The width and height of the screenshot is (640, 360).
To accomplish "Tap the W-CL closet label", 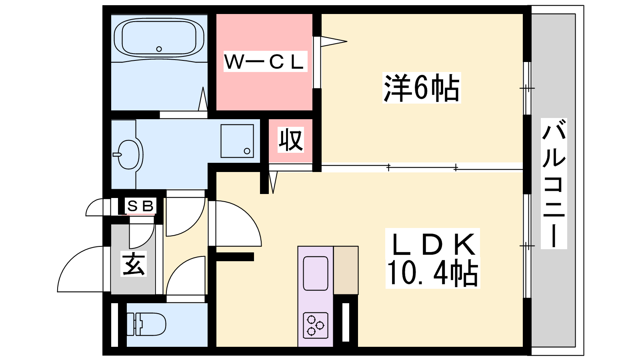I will coord(264,62).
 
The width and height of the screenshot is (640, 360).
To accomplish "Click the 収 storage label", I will coord(290,140).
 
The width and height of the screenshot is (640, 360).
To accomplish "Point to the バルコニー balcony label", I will coord(554,183).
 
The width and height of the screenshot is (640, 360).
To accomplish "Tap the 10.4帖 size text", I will coord(432,274).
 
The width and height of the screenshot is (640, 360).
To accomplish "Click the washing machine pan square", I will coord(237,141).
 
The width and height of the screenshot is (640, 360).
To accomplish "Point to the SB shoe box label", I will coord(140,206).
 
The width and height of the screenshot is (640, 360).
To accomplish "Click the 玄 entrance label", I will coord(134,264).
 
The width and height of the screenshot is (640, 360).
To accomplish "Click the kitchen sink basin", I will coord(316,273).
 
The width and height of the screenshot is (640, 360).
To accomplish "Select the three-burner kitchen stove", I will coord(316,325).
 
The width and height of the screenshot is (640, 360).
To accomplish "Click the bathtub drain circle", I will coord(159,49).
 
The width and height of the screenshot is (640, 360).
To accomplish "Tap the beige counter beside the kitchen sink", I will coord(346,270).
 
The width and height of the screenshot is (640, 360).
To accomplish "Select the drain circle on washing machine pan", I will coord(247,151).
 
